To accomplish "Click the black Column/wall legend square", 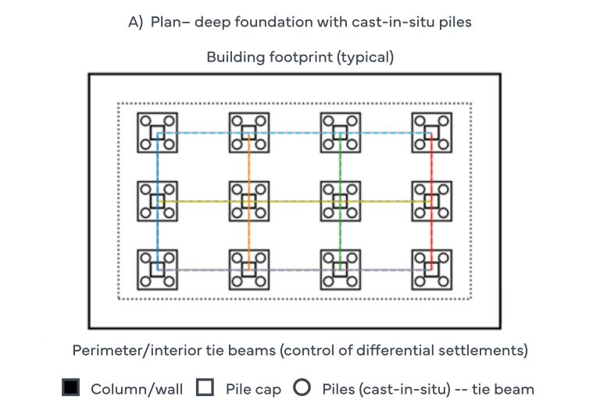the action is pyautogui.click(x=71, y=387).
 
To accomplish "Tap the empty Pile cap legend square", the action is pyautogui.click(x=205, y=387).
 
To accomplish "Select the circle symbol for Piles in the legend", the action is pyautogui.click(x=302, y=387).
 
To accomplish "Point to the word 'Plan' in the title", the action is pyautogui.click(x=166, y=22).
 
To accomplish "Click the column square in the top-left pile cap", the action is pyautogui.click(x=157, y=133).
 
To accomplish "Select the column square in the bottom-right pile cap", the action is pyautogui.click(x=431, y=269).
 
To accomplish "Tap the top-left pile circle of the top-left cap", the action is pyautogui.click(x=145, y=121).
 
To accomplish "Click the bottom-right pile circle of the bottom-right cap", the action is pyautogui.click(x=444, y=282).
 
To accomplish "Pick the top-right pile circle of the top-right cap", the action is pyautogui.click(x=444, y=121).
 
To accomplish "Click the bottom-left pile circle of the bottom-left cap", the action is pyautogui.click(x=145, y=282).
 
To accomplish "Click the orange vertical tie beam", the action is pyautogui.click(x=248, y=202).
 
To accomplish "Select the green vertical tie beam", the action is pyautogui.click(x=340, y=202).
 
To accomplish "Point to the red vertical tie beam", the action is pyautogui.click(x=431, y=202).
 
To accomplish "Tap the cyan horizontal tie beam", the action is pyautogui.click(x=295, y=133).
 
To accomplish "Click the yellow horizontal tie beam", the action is pyautogui.click(x=295, y=202).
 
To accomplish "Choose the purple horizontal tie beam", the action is pyautogui.click(x=295, y=269).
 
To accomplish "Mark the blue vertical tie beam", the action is pyautogui.click(x=157, y=202).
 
